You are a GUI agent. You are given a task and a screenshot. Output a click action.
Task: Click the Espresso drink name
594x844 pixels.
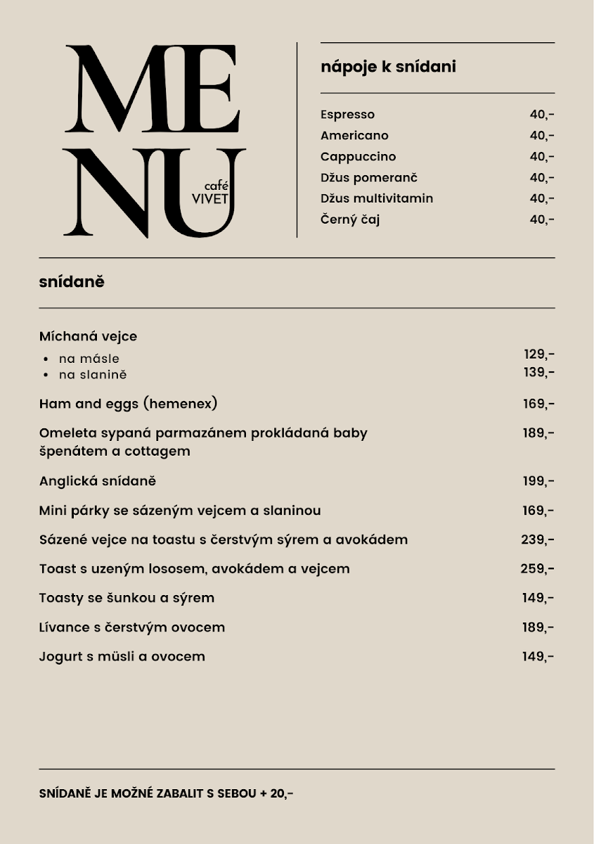[347, 115]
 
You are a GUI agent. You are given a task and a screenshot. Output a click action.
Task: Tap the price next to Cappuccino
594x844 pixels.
[541, 157]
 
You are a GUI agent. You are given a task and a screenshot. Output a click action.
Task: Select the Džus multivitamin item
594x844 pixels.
[377, 198]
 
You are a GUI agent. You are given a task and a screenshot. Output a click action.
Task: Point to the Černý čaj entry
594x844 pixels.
[350, 219]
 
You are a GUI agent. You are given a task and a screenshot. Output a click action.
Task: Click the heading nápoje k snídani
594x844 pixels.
[388, 67]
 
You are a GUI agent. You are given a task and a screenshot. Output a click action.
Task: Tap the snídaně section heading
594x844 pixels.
[72, 282]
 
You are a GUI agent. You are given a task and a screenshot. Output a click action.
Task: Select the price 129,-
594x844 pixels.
[538, 354]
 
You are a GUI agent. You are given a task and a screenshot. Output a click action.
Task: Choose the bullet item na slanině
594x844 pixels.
[93, 375]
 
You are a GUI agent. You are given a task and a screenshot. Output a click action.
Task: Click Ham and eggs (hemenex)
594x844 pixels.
[128, 404]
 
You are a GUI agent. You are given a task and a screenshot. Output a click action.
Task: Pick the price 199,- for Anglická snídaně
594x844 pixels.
[538, 481]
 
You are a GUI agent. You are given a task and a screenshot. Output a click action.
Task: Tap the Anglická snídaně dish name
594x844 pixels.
[97, 481]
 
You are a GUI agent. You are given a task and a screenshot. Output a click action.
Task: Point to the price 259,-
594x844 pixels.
[538, 568]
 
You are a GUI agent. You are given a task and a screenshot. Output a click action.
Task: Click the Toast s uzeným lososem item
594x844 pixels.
[194, 568]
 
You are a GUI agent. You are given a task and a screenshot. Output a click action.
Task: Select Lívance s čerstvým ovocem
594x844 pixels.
[132, 627]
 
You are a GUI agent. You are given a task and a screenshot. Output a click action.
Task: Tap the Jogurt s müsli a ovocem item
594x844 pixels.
[122, 656]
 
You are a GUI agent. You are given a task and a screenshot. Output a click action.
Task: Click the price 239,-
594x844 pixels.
[538, 539]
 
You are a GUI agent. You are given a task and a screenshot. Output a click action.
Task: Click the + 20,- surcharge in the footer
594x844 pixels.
[276, 793]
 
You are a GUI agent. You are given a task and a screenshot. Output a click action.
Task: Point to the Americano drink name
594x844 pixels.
[354, 136]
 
